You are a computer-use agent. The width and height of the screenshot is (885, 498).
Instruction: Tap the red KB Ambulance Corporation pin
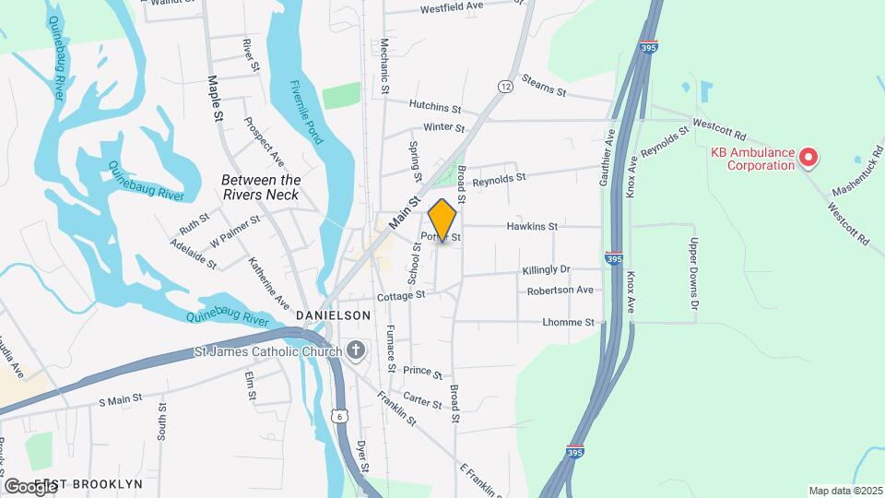(x=808, y=158)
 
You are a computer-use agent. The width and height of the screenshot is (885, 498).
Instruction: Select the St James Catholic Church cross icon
(x=356, y=350)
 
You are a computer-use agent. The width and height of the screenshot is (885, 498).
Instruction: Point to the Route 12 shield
(x=505, y=86)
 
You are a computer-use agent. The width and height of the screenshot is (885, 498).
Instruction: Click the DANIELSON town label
(x=334, y=315)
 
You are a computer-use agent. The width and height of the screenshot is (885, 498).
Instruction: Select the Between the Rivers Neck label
(x=261, y=187)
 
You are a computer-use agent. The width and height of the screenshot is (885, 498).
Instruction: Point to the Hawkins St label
(x=533, y=226)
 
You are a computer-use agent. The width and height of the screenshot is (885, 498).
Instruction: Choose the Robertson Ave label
(x=560, y=290)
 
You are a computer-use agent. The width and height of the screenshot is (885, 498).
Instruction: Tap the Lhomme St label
(x=569, y=322)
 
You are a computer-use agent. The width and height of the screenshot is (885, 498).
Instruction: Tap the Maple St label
(x=217, y=98)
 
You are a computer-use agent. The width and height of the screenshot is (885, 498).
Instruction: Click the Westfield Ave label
(x=452, y=7)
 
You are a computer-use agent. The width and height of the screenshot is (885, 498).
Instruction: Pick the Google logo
(x=29, y=486)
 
